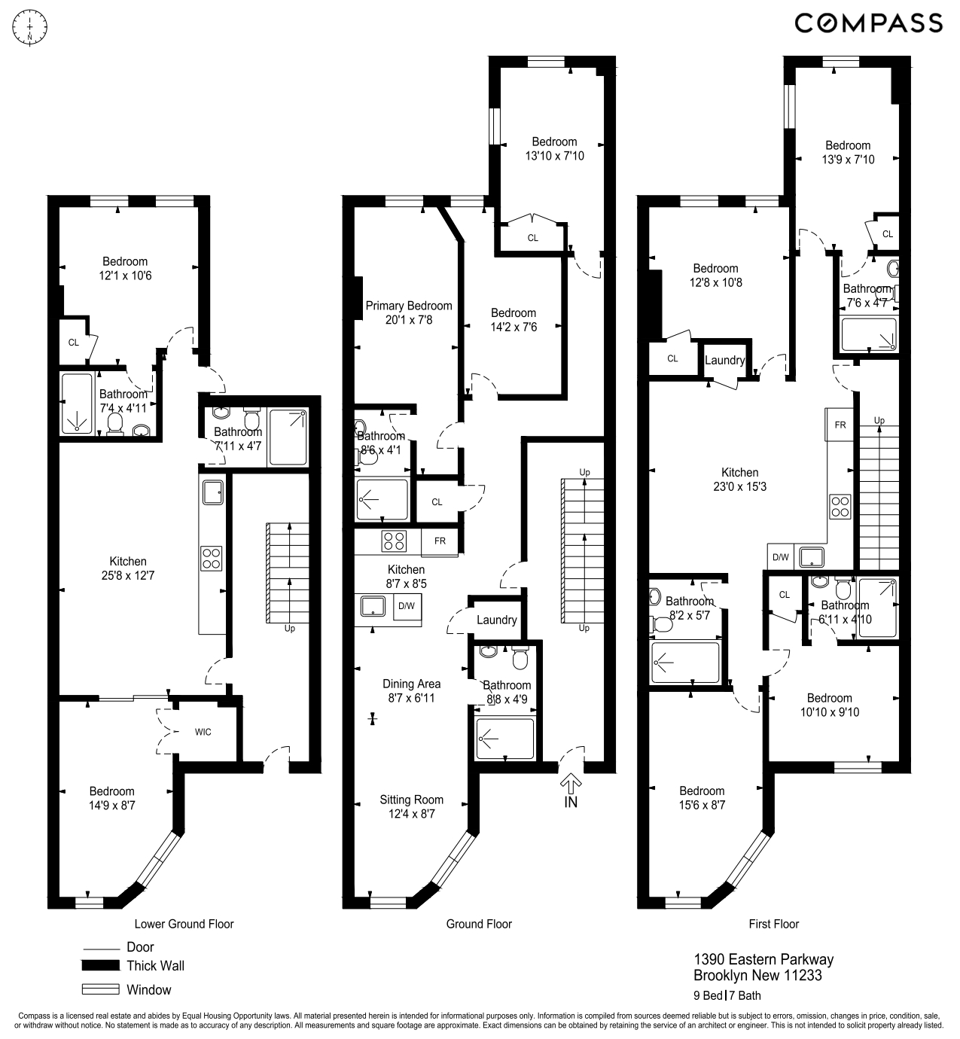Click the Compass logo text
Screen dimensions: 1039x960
click(868, 23)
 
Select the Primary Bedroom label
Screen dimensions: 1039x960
click(409, 312)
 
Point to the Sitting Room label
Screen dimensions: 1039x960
click(411, 806)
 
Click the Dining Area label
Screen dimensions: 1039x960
click(411, 690)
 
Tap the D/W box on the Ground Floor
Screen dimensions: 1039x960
click(407, 607)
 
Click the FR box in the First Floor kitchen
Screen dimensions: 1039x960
click(840, 425)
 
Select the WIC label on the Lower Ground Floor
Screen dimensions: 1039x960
click(203, 732)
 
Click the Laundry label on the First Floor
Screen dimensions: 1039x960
click(724, 361)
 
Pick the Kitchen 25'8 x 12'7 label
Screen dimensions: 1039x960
click(128, 568)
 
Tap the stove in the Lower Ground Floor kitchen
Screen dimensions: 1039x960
click(212, 557)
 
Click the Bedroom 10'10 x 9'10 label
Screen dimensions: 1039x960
click(829, 705)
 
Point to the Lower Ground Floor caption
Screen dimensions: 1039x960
click(184, 924)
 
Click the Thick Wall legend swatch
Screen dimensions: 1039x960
click(100, 966)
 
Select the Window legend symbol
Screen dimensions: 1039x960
click(100, 989)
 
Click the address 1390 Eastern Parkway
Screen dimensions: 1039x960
click(763, 960)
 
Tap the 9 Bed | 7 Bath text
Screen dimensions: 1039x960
click(727, 995)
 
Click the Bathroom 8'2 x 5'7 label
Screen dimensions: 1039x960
click(689, 608)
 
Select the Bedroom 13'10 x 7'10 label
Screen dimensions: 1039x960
click(554, 148)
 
